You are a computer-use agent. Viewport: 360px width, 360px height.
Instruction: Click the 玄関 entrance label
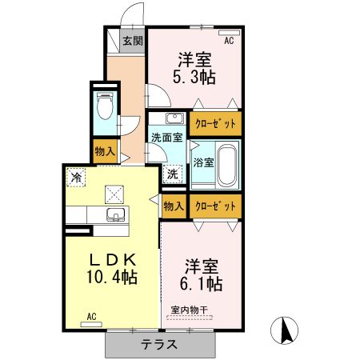133,41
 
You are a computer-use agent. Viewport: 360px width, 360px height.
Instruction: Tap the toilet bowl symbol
105,106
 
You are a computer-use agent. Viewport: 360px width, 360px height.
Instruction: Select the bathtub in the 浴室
227,166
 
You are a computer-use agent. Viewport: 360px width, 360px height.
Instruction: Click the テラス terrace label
159,344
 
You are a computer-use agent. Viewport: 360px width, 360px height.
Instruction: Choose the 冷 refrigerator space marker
76,178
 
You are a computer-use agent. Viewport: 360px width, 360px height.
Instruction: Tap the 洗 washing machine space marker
173,174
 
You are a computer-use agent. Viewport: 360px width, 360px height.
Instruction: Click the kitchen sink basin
115,214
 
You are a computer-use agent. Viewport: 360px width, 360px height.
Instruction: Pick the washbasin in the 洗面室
175,118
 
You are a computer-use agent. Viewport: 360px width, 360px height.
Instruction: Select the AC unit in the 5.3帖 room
229,33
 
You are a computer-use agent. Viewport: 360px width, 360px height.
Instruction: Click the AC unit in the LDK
91,325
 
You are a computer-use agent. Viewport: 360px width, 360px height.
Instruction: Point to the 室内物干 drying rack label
189,310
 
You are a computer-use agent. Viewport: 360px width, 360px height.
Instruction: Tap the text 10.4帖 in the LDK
112,277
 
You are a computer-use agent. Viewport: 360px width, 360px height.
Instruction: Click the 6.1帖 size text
202,284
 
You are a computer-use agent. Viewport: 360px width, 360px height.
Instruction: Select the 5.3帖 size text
194,78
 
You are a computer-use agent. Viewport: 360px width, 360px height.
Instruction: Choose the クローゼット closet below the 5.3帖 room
215,124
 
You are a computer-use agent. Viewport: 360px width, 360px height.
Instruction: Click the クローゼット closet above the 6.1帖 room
215,206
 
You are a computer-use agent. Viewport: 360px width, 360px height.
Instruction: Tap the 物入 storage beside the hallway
106,151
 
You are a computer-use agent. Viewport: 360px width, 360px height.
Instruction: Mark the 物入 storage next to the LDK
174,206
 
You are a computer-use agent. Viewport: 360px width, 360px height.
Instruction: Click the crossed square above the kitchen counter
114,194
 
